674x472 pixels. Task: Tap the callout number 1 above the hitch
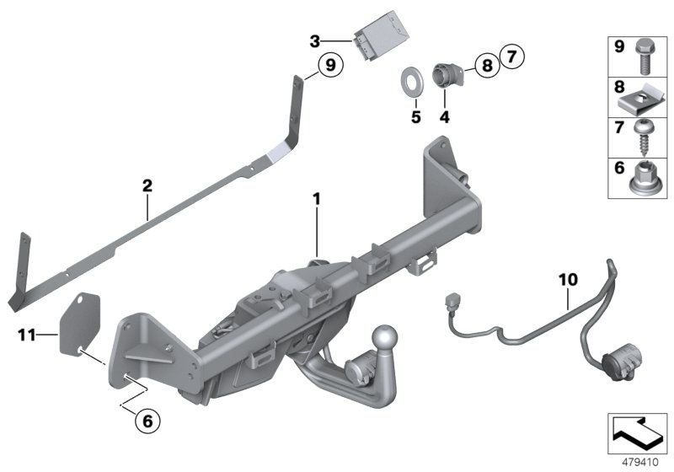click(x=317, y=200)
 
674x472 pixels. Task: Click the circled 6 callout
click(x=146, y=416)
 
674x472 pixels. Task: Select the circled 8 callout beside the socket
click(x=486, y=65)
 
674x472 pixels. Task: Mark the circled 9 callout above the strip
click(x=329, y=64)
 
